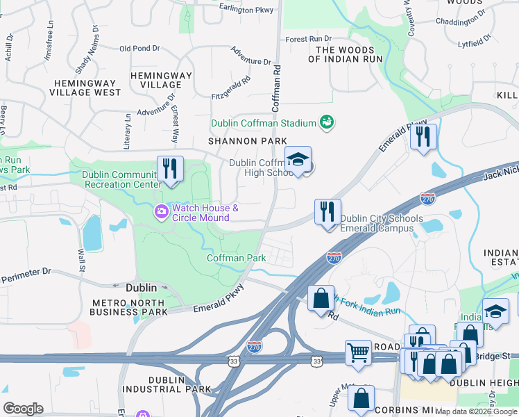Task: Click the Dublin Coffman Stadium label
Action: pyautogui.click(x=264, y=123)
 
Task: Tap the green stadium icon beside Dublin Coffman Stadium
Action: pyautogui.click(x=327, y=122)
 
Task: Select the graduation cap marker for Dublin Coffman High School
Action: pyautogui.click(x=297, y=161)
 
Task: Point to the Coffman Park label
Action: pyautogui.click(x=236, y=258)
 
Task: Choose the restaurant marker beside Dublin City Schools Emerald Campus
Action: pyautogui.click(x=327, y=211)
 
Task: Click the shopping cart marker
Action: pyautogui.click(x=359, y=352)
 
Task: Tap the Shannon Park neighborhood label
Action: pyautogui.click(x=248, y=141)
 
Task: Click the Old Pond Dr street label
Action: pyautogui.click(x=139, y=49)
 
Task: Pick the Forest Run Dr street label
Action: pyautogui.click(x=308, y=39)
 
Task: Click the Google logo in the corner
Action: pyautogui.click(x=23, y=409)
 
